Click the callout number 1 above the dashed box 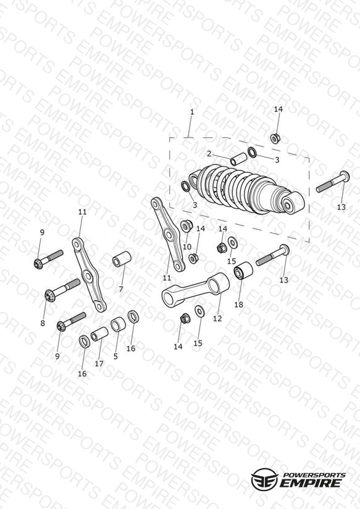pos(192,112)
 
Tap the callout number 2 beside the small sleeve pos(209,154)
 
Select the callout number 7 pos(121,289)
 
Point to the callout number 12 pos(217,319)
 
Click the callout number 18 pos(238,305)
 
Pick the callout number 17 pos(99,364)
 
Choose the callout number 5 pos(115,356)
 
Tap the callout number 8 pos(43,323)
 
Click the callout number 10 pos(187,247)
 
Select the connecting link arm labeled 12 pos(196,290)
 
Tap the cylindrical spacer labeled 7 pos(122,259)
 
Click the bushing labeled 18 pos(244,271)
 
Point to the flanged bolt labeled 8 pos(62,289)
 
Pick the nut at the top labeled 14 pos(275,138)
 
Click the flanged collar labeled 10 pos(186,225)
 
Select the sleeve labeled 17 pos(99,334)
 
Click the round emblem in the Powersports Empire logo pos(265,478)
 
